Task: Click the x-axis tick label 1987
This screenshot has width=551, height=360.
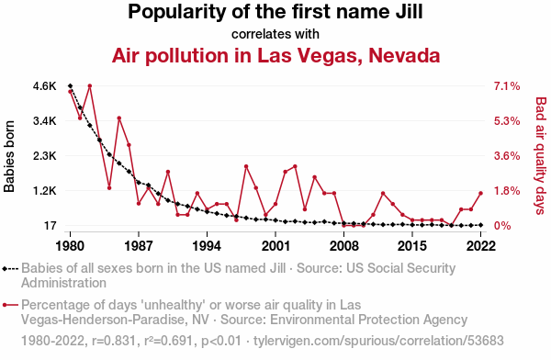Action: click(139, 246)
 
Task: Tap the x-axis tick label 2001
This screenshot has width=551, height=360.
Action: click(275, 246)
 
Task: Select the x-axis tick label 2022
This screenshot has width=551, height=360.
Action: click(480, 246)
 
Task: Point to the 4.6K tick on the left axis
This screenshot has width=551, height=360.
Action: click(45, 85)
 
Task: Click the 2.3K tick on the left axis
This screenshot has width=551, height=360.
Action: click(45, 156)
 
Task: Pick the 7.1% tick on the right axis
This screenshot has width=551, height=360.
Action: click(507, 85)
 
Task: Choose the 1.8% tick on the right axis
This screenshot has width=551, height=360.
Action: click(507, 191)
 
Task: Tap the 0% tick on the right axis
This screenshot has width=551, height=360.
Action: click(502, 226)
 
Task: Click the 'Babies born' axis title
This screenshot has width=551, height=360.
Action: click(9, 156)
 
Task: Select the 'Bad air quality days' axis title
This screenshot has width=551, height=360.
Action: click(541, 156)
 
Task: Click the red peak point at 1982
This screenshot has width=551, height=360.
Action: click(90, 85)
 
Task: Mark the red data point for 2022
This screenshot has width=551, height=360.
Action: click(480, 193)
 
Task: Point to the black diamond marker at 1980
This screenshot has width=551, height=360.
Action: click(71, 85)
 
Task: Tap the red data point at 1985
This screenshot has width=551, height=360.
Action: click(119, 118)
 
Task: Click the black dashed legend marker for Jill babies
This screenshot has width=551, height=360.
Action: click(10, 269)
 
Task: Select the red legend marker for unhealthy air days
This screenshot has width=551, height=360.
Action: click(10, 305)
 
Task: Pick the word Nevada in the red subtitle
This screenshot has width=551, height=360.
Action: click(404, 55)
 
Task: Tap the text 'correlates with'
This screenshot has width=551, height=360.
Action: click(275, 34)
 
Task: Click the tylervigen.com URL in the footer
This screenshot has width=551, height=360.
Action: click(378, 341)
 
